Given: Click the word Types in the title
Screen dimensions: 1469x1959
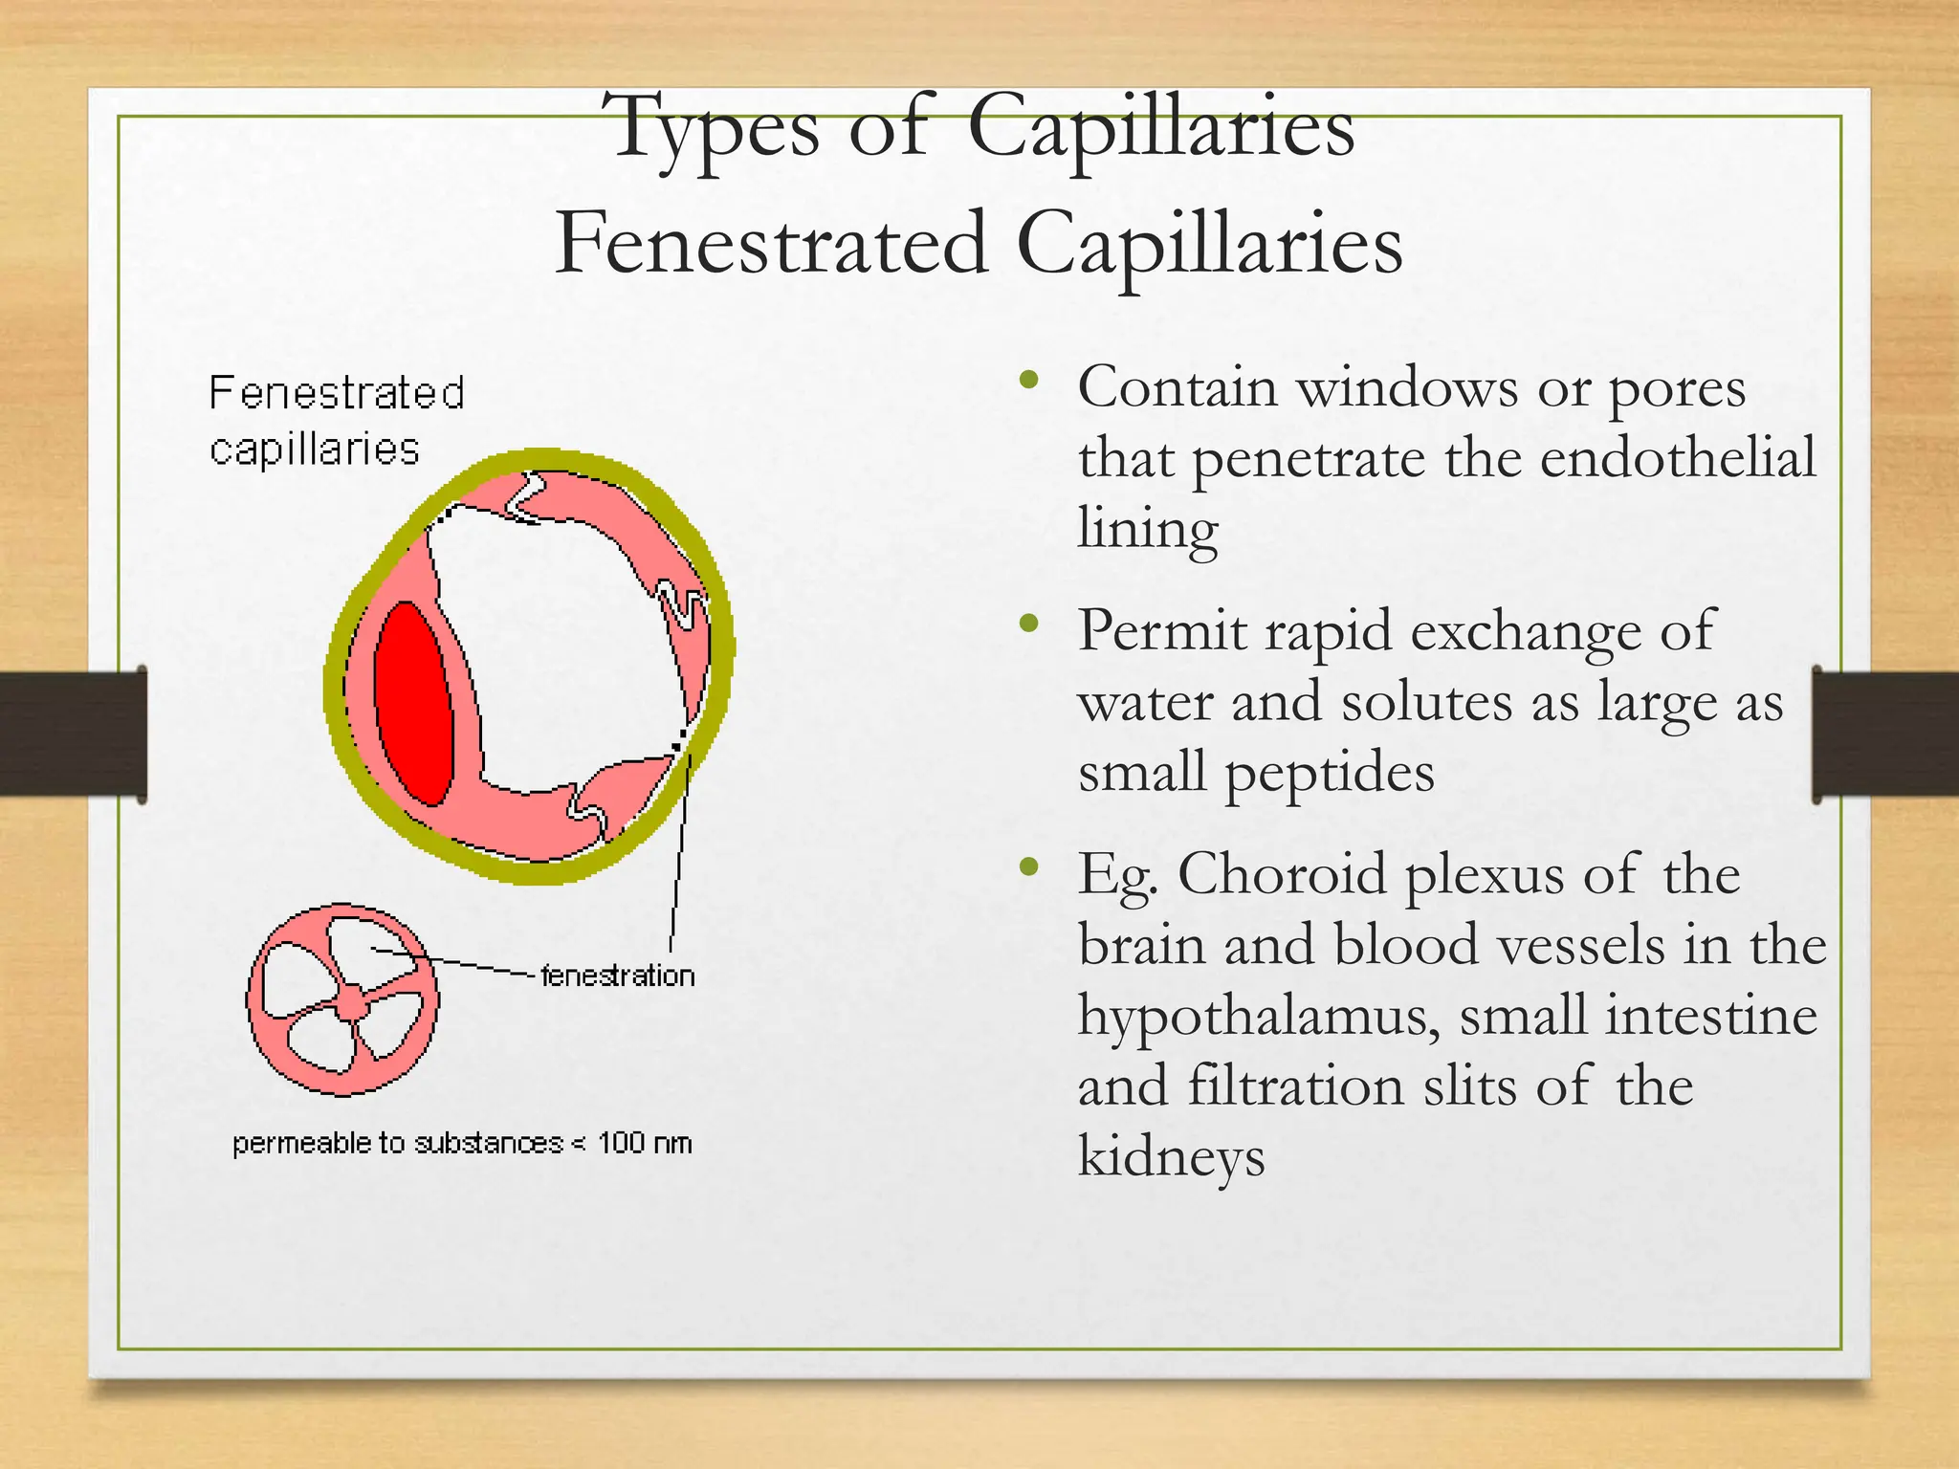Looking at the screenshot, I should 715,129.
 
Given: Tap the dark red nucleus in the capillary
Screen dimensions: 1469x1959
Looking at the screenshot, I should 413,703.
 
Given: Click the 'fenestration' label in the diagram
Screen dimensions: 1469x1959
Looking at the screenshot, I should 618,976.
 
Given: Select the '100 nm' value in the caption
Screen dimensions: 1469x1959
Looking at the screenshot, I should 645,1143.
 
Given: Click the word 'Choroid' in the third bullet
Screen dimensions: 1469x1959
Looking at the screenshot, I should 1282,874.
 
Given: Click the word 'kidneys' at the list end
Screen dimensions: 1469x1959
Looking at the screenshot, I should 1171,1157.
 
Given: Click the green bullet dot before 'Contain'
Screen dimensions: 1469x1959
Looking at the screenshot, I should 1029,381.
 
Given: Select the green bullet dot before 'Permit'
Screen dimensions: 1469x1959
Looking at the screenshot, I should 1029,625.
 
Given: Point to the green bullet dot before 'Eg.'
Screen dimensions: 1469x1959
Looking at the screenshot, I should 1029,867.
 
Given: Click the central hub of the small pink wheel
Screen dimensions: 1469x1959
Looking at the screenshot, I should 353,1003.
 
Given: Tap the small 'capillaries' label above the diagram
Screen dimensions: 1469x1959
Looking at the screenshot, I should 315,449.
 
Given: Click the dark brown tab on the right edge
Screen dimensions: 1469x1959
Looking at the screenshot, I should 1885,734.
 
